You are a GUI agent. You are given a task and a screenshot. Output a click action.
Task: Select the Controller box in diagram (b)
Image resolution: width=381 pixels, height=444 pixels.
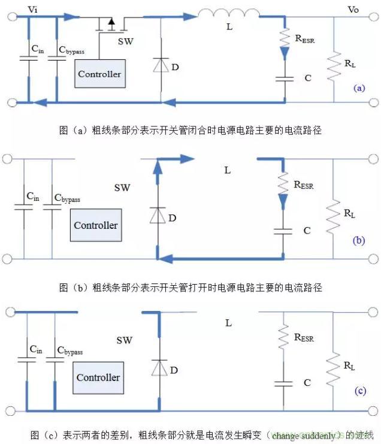(x=96, y=225)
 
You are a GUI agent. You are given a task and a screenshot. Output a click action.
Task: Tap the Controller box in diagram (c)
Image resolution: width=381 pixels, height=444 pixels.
(x=98, y=377)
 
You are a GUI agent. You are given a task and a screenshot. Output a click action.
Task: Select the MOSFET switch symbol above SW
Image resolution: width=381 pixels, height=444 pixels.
(x=110, y=25)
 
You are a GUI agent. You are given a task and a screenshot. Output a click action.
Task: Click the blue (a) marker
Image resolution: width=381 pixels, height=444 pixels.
(x=359, y=87)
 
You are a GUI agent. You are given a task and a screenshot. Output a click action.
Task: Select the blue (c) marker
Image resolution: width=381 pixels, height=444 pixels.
(x=359, y=391)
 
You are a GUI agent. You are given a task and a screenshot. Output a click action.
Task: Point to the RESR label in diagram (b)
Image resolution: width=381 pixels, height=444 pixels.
(x=304, y=185)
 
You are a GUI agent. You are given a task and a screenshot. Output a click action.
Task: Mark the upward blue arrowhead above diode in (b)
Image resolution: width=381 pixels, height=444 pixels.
(x=157, y=167)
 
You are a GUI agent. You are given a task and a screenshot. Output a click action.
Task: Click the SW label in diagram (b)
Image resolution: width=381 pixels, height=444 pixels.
(x=122, y=188)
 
